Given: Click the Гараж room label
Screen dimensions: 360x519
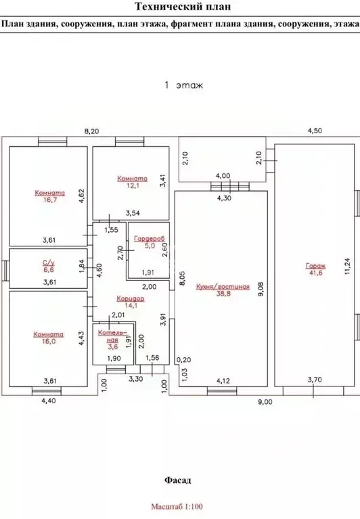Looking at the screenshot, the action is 315,265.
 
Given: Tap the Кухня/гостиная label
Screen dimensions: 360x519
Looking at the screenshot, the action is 223,287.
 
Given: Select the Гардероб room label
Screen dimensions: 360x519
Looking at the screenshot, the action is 150,238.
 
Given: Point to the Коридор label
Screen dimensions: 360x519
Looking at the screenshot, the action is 131,298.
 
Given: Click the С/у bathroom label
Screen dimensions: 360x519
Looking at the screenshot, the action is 49,263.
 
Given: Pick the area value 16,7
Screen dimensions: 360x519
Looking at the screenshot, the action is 49,200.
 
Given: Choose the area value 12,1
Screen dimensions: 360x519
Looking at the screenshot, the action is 133,185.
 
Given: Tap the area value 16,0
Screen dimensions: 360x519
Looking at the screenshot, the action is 49,341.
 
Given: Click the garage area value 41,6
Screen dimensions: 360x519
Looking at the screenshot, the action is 315,273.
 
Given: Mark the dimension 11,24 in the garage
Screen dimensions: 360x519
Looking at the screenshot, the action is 346,266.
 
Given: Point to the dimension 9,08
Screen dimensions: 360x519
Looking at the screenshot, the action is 261,289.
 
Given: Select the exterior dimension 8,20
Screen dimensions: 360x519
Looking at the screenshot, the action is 91,131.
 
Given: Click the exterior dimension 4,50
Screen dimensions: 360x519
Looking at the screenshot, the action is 315,131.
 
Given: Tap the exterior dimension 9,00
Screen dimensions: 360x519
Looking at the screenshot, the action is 265,402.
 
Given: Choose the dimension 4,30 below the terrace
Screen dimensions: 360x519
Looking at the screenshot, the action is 224,198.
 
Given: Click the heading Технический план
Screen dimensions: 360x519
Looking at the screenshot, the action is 183,7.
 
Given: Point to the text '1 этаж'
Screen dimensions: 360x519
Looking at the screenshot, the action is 184,85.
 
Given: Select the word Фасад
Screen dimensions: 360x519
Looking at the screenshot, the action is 178,480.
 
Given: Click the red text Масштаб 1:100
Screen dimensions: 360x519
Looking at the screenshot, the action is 177,506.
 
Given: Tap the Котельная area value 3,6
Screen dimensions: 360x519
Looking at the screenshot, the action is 113,347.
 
